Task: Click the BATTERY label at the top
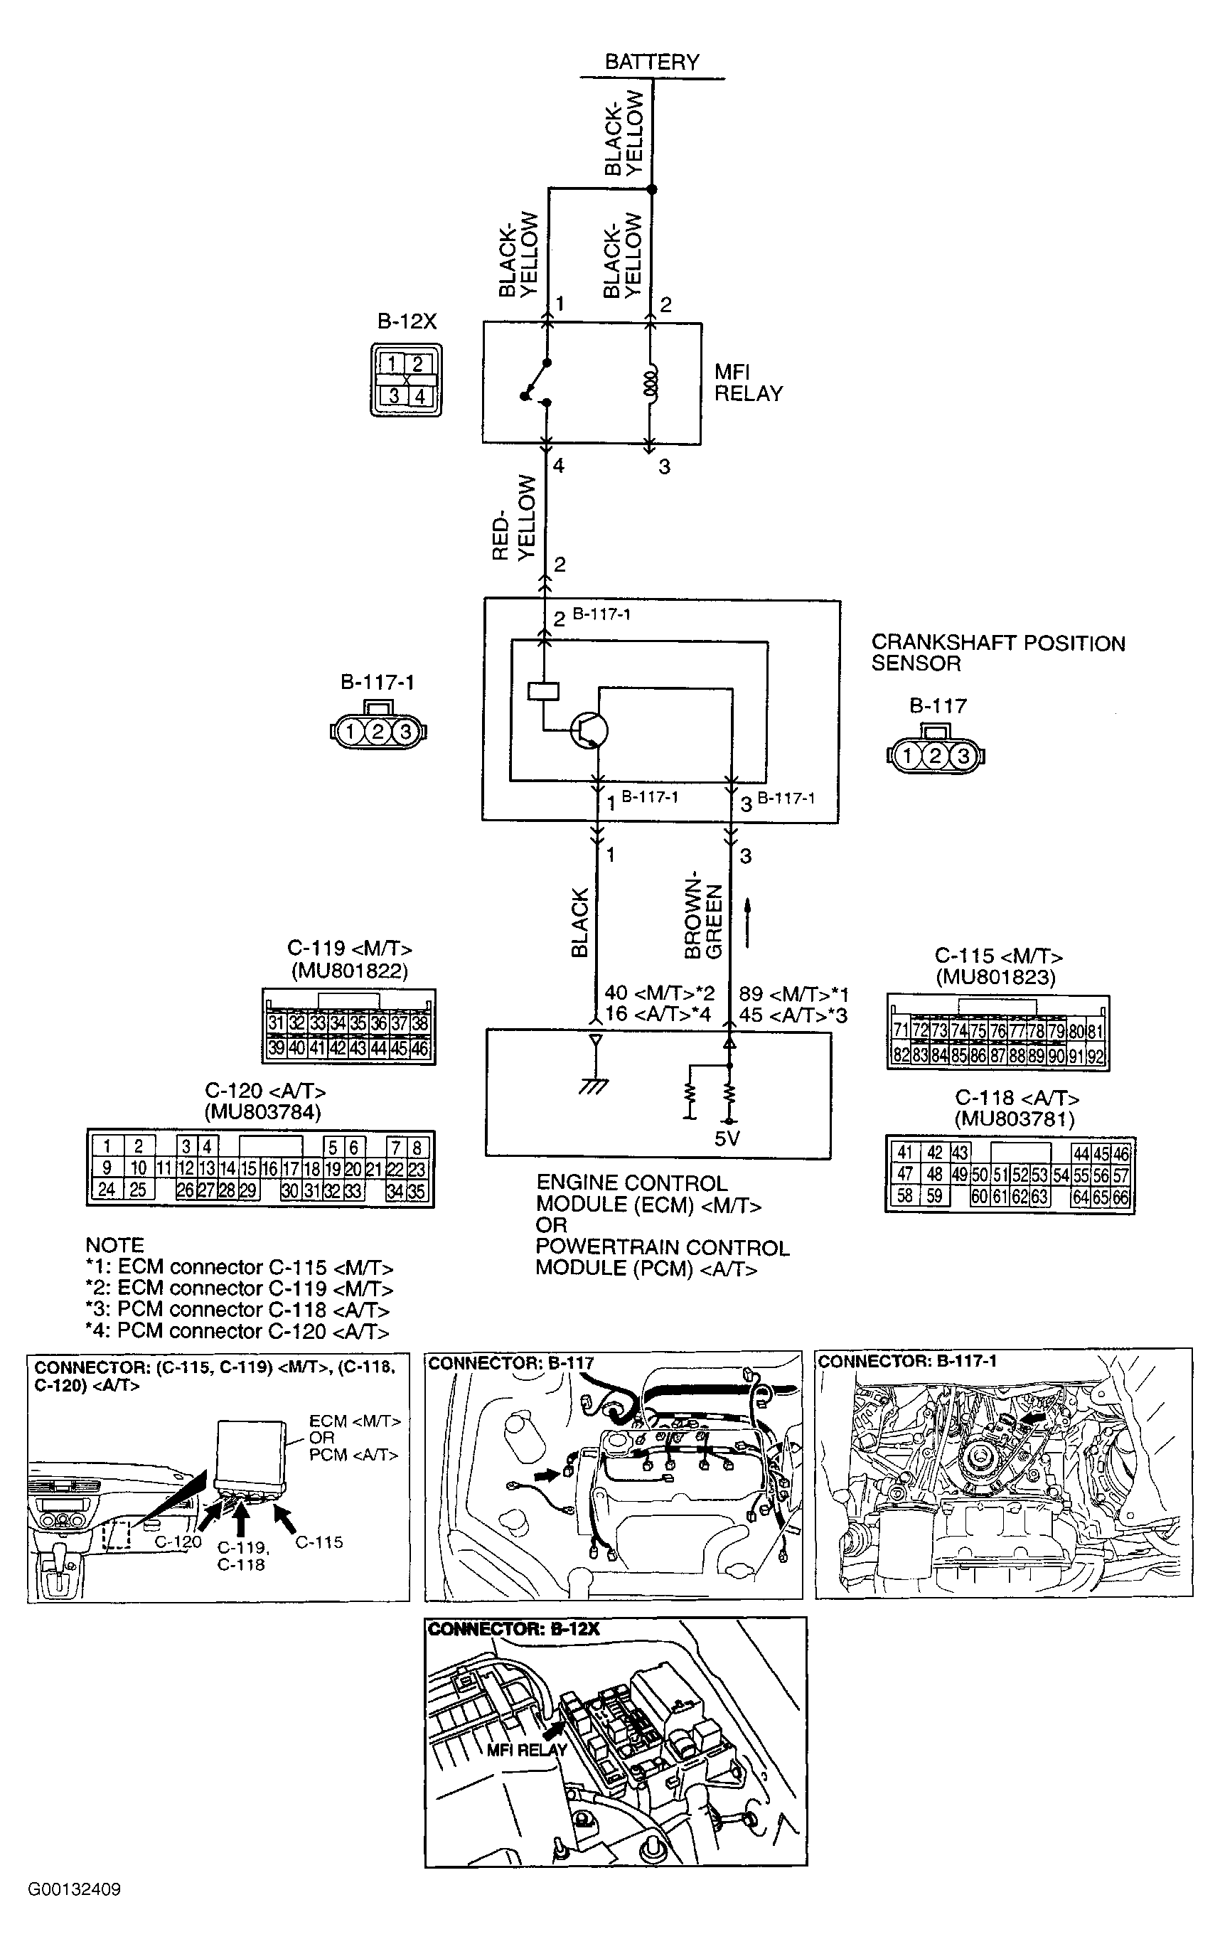coord(651,61)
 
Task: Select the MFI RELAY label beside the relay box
coord(748,383)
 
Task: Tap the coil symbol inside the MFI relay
coord(652,383)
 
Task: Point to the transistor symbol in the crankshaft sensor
coord(589,730)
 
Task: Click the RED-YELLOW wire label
coord(513,518)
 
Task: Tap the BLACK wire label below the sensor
coord(579,922)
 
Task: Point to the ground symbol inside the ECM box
coord(594,1086)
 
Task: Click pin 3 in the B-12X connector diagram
coord(394,396)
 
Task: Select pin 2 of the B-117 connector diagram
coord(935,756)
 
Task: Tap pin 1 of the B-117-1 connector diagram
coord(351,732)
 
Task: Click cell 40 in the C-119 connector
coord(296,1047)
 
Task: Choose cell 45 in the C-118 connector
coord(1101,1154)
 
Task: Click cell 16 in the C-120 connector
coord(269,1168)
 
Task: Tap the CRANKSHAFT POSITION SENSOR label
coord(997,653)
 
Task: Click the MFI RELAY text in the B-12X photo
coord(526,1750)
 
